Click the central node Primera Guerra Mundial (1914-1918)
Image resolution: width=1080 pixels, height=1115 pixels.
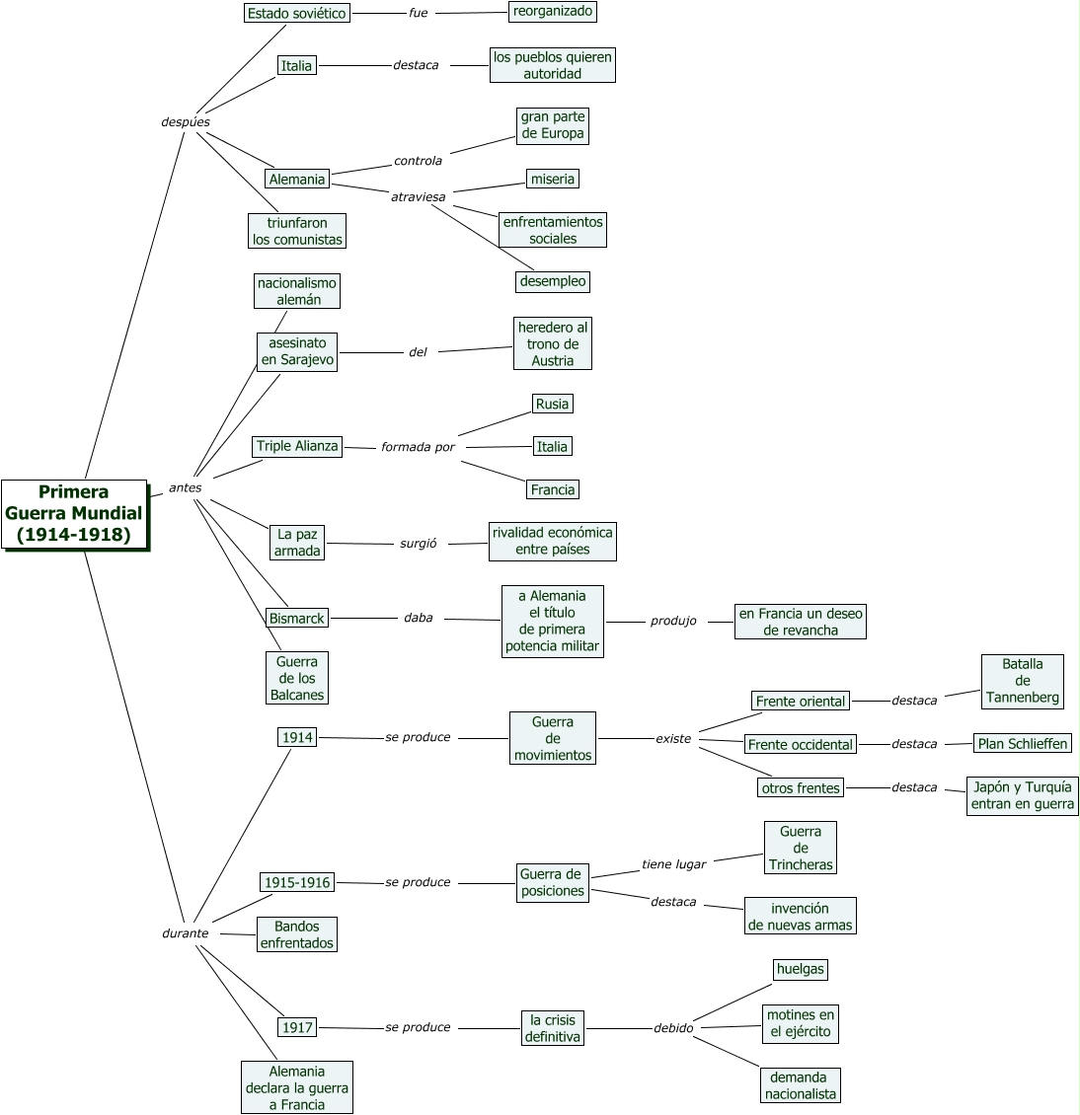coord(74,513)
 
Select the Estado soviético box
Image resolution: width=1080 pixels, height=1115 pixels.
coord(297,13)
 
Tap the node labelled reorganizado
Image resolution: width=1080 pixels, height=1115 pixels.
coord(553,11)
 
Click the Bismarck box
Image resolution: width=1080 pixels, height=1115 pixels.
coord(297,618)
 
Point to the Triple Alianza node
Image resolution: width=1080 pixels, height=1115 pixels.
coord(297,446)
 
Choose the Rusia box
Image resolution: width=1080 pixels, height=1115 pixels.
coord(552,404)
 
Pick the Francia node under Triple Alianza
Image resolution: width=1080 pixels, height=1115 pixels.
coord(552,489)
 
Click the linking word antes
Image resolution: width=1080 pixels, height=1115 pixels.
coord(186,487)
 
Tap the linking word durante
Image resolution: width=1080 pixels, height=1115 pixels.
coord(186,932)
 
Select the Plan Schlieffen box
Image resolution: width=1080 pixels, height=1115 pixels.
coord(1023,743)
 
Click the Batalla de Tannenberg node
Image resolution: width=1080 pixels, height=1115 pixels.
coord(1023,681)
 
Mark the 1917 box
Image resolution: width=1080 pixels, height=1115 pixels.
coord(297,1027)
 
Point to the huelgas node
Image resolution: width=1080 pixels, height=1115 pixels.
coord(800,969)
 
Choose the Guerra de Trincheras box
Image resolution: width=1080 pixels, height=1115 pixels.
coord(800,848)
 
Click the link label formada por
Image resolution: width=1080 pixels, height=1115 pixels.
coord(418,447)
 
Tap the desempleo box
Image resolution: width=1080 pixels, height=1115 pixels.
coord(553,281)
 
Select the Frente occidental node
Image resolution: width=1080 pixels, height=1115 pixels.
coord(800,744)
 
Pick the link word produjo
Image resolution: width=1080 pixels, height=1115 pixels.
coord(673,621)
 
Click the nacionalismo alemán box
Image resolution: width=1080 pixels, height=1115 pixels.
coord(297,291)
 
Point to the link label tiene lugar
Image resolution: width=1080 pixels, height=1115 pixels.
coord(673,864)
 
